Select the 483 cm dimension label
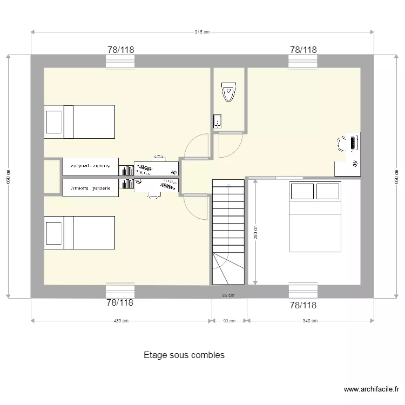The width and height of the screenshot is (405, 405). [121, 321]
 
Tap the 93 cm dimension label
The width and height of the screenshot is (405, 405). [229, 321]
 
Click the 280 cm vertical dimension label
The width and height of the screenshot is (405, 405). [256, 232]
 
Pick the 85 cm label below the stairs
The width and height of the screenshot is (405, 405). [228, 295]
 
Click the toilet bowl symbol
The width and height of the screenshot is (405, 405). [229, 92]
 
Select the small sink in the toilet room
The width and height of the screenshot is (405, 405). [218, 121]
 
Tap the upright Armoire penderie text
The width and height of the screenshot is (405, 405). [90, 188]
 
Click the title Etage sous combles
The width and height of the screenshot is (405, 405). [184, 355]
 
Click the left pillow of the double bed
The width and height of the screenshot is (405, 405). [302, 192]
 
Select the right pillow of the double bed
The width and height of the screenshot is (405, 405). [328, 192]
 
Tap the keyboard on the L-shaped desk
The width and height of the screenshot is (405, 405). [353, 143]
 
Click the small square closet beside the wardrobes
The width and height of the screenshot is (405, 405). [52, 177]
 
